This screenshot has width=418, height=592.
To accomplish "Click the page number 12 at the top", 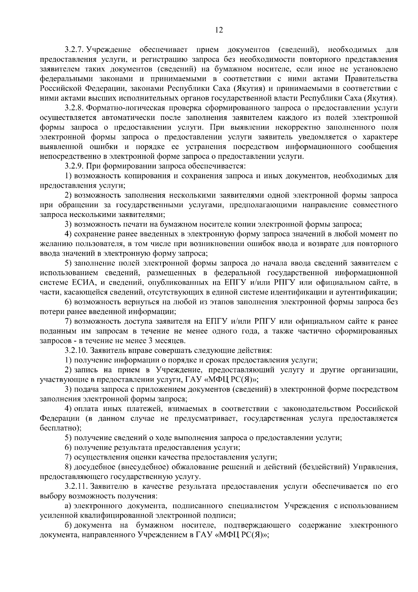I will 219,30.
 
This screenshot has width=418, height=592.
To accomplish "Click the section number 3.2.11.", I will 76,486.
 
